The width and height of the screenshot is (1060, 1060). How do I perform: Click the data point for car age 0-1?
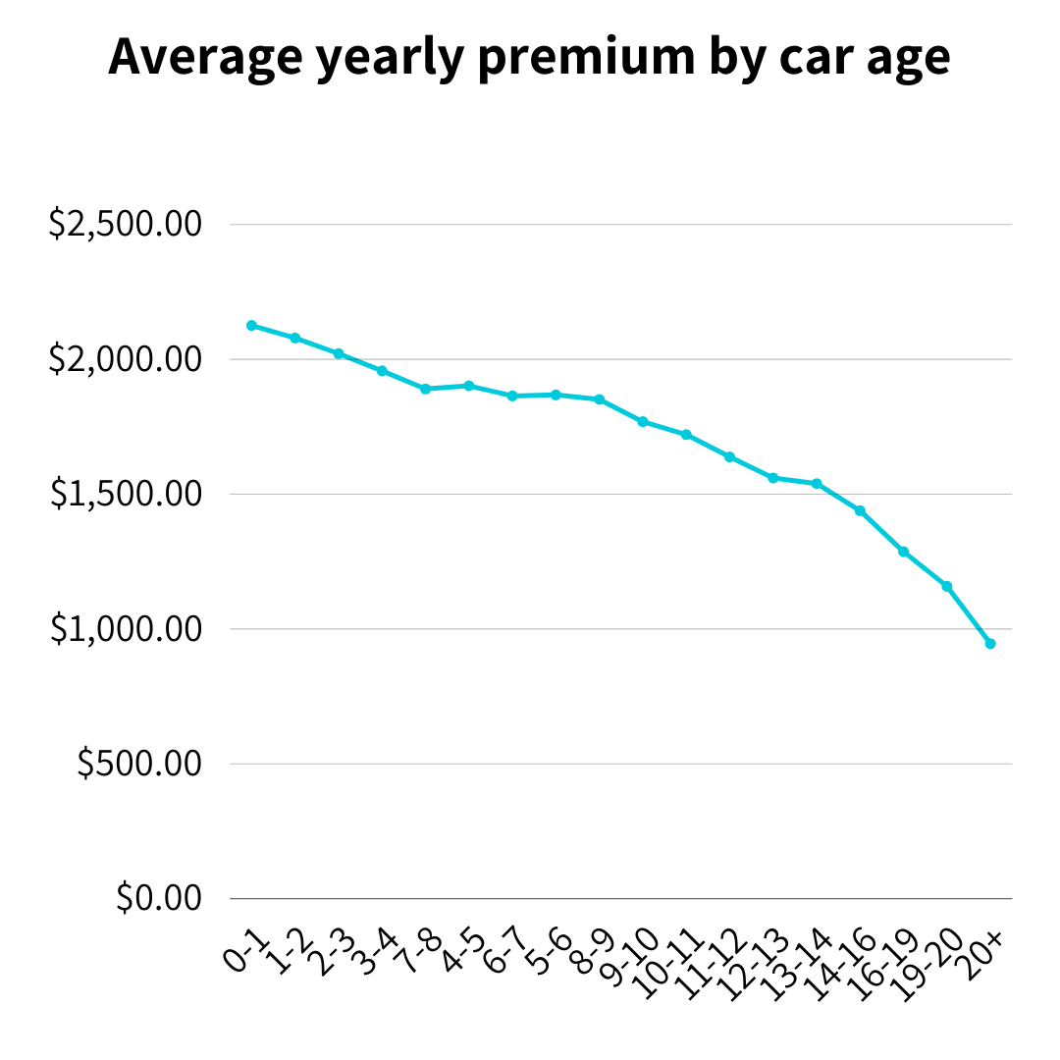(251, 325)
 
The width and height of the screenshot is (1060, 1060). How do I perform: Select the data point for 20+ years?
(990, 644)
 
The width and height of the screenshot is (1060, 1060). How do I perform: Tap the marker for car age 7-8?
(425, 389)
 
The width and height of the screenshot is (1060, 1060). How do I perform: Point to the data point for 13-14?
(817, 483)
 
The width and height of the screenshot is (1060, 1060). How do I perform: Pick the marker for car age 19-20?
(947, 586)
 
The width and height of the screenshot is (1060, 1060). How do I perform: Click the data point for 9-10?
(643, 422)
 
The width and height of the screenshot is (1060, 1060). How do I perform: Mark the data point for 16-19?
(903, 552)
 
